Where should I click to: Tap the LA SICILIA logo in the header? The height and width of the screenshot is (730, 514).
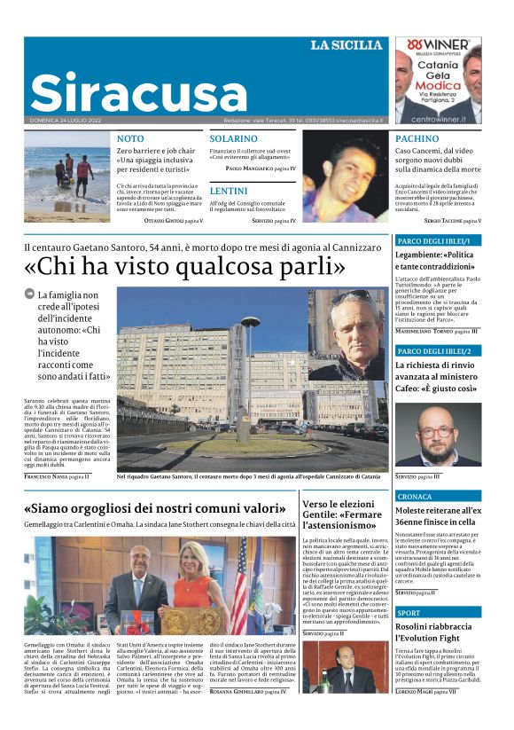tap(347, 44)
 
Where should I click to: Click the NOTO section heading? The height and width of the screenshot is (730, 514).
tap(129, 139)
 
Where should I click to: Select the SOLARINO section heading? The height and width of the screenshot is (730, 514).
tap(233, 139)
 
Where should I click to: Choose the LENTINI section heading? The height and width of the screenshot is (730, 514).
tap(228, 190)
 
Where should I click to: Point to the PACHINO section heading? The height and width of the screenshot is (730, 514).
tap(417, 139)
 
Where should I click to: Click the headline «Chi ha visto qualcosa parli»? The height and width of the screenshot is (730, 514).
tap(184, 265)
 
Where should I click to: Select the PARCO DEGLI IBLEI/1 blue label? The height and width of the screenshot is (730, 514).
tap(438, 240)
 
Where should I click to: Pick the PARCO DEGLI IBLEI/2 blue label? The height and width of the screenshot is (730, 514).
tap(438, 351)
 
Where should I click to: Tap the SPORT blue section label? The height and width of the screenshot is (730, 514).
tap(409, 613)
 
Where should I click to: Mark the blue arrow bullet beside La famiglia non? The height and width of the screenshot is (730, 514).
tap(29, 294)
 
